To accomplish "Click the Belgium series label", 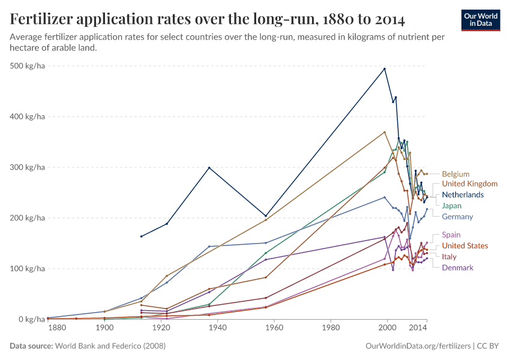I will tap(455, 174).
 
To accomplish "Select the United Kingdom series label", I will tap(469, 184).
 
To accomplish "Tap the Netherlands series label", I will tap(463, 195).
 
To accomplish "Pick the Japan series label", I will tap(452, 206).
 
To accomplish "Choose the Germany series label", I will tap(457, 217).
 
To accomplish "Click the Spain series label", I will tap(451, 235).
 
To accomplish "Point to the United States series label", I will tap(464, 245).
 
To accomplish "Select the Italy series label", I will tap(449, 257).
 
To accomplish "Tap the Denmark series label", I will tap(457, 268).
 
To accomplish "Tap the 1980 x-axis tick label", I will tap(331, 329).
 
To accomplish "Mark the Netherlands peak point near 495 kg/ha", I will tap(385, 68).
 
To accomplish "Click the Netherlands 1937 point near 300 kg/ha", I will tap(209, 167).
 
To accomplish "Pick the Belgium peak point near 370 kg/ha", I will tap(385, 132).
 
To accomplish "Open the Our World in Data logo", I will tap(481, 19).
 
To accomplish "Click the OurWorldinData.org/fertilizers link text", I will tap(418, 346).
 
